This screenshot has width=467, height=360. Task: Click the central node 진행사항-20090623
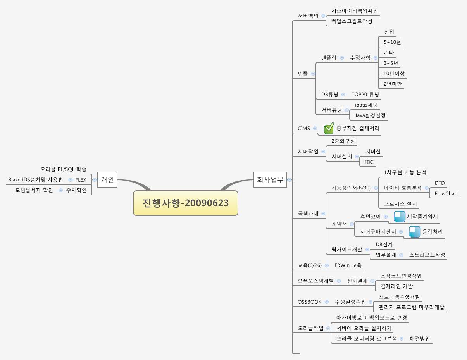pos(185,203)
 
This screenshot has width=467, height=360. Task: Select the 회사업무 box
pos(270,179)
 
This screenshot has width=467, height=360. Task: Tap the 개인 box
pos(107,179)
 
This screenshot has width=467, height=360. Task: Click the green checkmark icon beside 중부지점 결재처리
pos(329,128)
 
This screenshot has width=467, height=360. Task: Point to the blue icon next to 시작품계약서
pos(399,217)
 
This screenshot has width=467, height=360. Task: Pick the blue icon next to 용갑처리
pos(415,232)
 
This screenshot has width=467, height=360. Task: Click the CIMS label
pos(303,128)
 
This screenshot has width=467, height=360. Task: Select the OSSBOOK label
pos(309,302)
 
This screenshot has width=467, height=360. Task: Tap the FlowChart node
pos(446,193)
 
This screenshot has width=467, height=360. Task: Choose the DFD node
pos(439,183)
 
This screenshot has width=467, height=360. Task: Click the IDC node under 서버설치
pos(369,162)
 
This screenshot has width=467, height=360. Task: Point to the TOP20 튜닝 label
pos(365,94)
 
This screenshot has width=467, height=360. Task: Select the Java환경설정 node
pos(370,115)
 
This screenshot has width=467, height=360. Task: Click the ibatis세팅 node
pos(366,105)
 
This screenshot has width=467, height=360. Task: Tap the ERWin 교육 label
pos(348,265)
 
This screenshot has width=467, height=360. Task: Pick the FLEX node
pos(81,180)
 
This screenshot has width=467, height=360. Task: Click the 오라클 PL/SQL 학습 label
pos(63,169)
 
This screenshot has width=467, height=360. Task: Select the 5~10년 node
pos(392,42)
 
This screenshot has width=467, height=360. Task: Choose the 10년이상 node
pos(394,73)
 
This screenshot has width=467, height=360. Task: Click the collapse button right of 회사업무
pos(290,180)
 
